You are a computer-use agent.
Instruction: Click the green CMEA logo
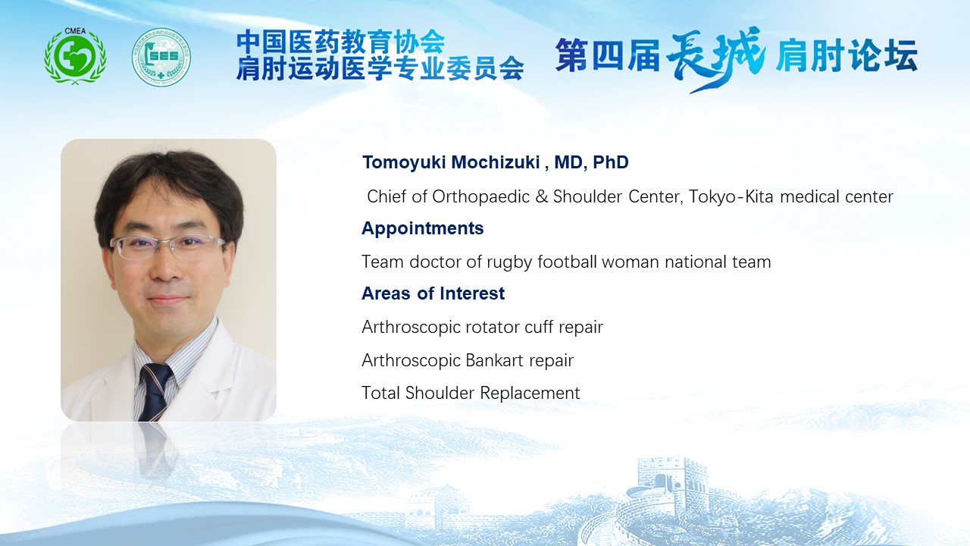pyautogui.click(x=75, y=56)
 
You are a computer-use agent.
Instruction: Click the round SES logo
pyautogui.click(x=161, y=57)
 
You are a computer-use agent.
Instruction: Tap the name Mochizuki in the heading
pyautogui.click(x=496, y=162)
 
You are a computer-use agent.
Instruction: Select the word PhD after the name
pyautogui.click(x=611, y=162)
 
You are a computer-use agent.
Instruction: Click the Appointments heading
pyautogui.click(x=423, y=228)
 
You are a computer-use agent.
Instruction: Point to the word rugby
pyautogui.click(x=509, y=262)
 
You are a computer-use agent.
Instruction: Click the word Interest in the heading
pyautogui.click(x=472, y=293)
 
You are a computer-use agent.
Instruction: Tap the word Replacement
pyautogui.click(x=530, y=394)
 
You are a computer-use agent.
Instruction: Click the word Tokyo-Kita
pyautogui.click(x=731, y=196)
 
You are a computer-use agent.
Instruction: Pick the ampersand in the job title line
pyautogui.click(x=541, y=196)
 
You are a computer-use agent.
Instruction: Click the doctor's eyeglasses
pyautogui.click(x=167, y=247)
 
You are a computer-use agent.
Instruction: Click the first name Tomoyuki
pyautogui.click(x=404, y=162)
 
